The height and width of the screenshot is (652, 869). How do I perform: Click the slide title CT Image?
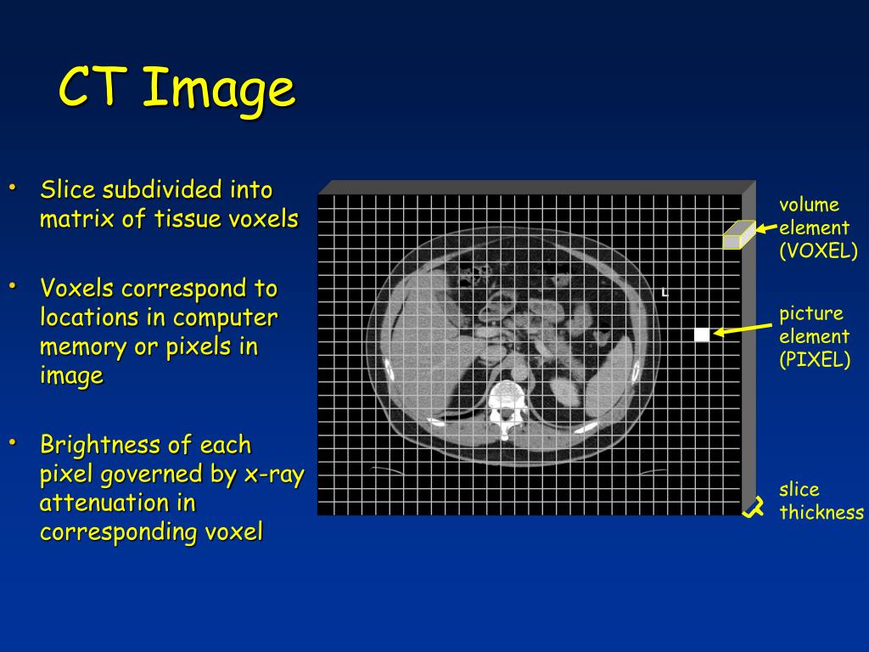coord(177,89)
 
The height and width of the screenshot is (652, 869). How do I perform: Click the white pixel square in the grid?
coord(702,334)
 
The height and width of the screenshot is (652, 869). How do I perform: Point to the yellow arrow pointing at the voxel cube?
coord(767,228)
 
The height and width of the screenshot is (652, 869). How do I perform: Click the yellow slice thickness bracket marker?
coord(752,508)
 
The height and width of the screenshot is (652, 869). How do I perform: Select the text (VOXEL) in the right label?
coord(819,251)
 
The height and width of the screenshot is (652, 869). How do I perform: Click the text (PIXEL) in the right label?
coord(815,359)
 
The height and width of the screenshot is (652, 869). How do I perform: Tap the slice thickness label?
coord(821,501)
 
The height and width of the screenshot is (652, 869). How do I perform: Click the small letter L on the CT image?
coord(664,293)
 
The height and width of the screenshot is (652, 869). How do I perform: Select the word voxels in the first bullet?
coord(263,219)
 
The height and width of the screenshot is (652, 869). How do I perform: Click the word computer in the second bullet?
coord(225,318)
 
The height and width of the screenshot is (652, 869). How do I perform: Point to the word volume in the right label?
coord(810,205)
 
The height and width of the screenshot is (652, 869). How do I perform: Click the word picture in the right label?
coord(811,314)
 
